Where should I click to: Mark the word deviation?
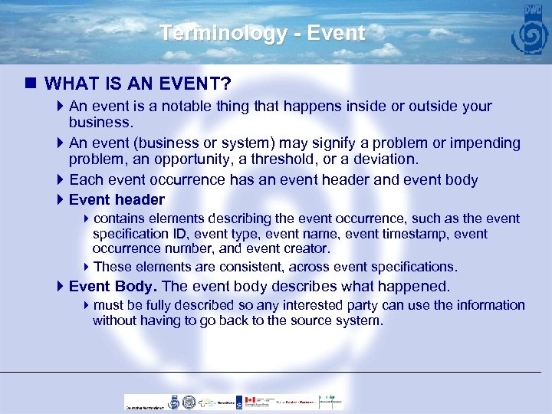(x=387, y=159)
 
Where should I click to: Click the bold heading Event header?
(x=117, y=200)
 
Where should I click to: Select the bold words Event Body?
(x=112, y=287)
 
